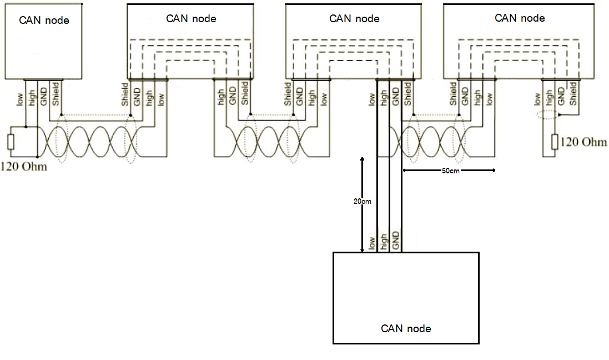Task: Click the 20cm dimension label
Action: point(362,202)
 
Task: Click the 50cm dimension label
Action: point(450,171)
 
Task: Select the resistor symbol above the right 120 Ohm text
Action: point(554,142)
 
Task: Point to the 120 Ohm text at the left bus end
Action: point(24,166)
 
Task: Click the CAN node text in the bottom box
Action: point(406,328)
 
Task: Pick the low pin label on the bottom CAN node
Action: point(372,243)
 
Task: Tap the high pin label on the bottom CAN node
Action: point(384,242)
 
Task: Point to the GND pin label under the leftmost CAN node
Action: point(43,92)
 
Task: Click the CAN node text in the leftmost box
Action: point(44,21)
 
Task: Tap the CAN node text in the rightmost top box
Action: point(520,18)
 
